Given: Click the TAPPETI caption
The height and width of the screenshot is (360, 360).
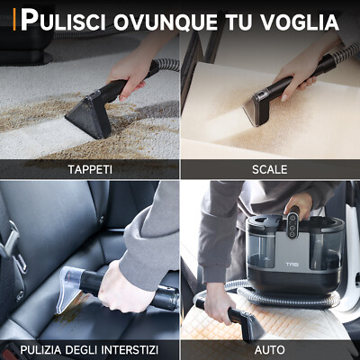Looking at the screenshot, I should click(90, 168).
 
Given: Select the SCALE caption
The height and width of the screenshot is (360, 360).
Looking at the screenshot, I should click(269, 168).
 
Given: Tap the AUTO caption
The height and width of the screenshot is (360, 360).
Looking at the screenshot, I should click(269, 348).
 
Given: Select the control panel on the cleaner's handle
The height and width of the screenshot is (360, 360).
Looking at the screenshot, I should click(293, 218).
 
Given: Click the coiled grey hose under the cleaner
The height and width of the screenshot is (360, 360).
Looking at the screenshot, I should click(270, 297).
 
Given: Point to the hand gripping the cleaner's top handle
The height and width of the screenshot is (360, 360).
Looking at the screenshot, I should click(301, 204).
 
